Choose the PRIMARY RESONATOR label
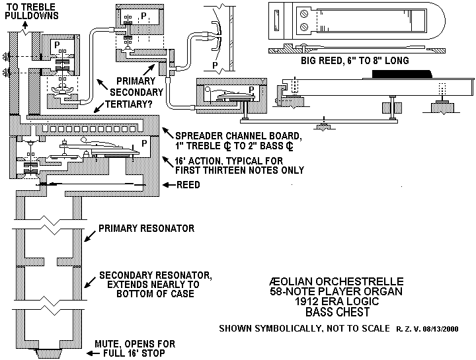(x=146, y=229)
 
